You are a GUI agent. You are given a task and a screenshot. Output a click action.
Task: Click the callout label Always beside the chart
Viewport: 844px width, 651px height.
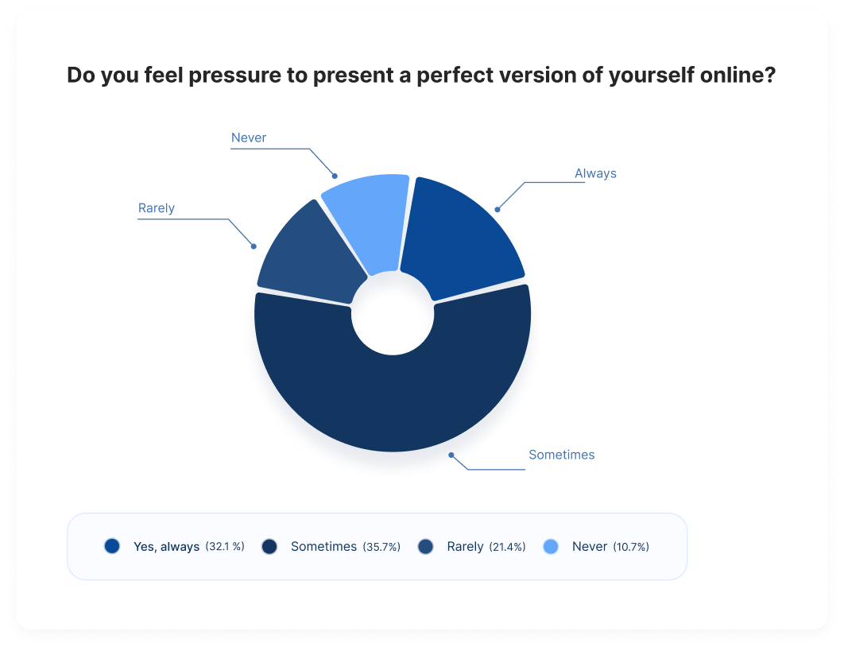(x=595, y=173)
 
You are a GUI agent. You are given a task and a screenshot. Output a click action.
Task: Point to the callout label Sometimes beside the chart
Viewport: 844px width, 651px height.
(x=561, y=455)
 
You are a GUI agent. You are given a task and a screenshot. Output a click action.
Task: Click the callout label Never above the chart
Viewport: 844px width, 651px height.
(x=249, y=138)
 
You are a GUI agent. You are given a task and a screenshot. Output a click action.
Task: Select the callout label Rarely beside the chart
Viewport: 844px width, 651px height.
(x=157, y=208)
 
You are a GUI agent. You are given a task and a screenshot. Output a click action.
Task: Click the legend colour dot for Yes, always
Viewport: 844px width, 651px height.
(x=112, y=546)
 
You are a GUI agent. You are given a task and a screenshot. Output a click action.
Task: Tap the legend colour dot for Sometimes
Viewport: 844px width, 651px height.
(x=269, y=546)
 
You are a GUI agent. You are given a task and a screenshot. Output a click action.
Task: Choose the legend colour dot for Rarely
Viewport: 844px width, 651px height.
(x=425, y=546)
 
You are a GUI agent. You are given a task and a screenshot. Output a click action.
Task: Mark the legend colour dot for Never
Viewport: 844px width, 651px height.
(x=551, y=546)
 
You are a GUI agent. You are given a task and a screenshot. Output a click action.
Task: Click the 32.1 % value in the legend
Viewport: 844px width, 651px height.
(x=225, y=547)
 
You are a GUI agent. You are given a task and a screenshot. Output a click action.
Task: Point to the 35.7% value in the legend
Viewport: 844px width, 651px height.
(x=381, y=547)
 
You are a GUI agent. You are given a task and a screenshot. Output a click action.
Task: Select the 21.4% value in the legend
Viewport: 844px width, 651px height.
(x=506, y=547)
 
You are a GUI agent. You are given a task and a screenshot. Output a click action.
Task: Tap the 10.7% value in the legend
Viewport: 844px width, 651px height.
(x=630, y=547)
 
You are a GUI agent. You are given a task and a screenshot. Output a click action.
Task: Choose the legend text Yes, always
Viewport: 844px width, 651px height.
(x=166, y=547)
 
